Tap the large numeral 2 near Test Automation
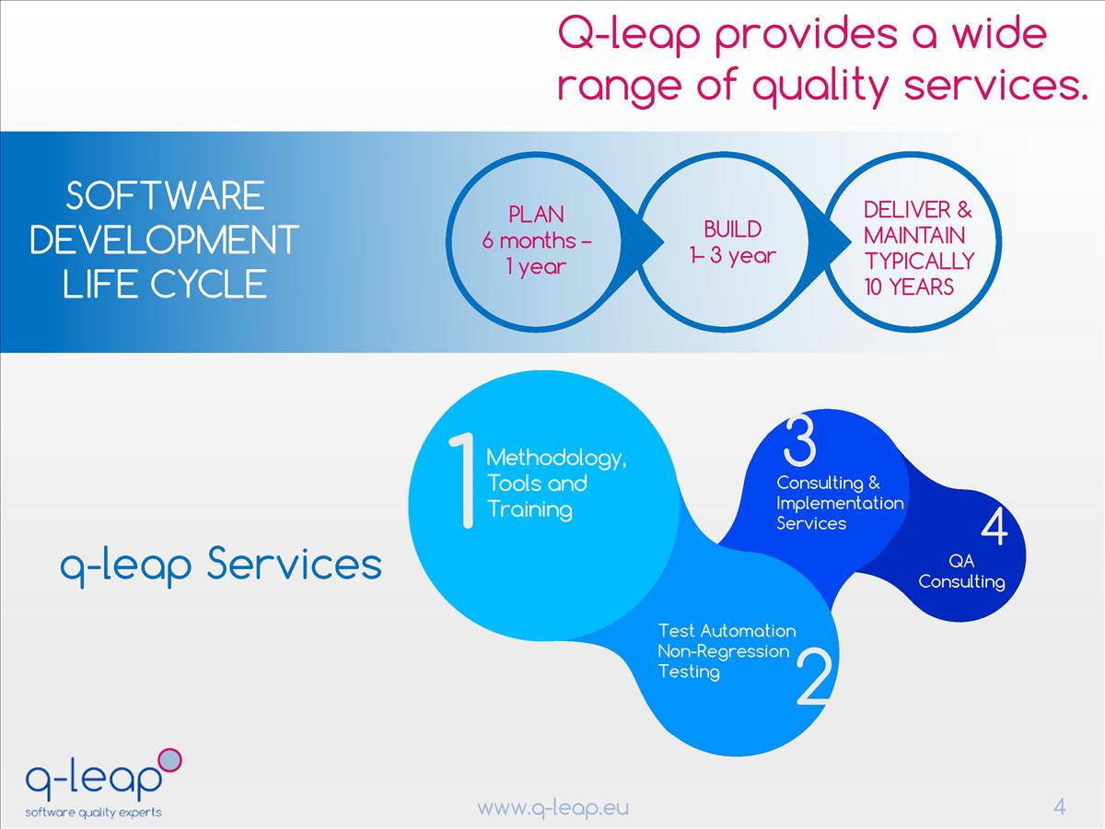click(813, 679)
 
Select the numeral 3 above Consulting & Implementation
click(798, 442)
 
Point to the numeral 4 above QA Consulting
click(994, 529)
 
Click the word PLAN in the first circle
click(536, 215)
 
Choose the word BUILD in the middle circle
click(733, 228)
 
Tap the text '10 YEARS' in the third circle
click(909, 286)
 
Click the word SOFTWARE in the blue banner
click(166, 196)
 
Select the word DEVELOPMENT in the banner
click(165, 240)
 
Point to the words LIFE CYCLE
click(165, 285)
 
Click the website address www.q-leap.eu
click(552, 808)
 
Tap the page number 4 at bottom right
click(1059, 807)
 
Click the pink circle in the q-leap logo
click(170, 760)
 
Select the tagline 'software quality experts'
click(93, 812)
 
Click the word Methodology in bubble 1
click(555, 458)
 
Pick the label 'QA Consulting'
click(961, 571)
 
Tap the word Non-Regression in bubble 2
click(724, 651)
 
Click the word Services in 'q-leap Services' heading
click(294, 564)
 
